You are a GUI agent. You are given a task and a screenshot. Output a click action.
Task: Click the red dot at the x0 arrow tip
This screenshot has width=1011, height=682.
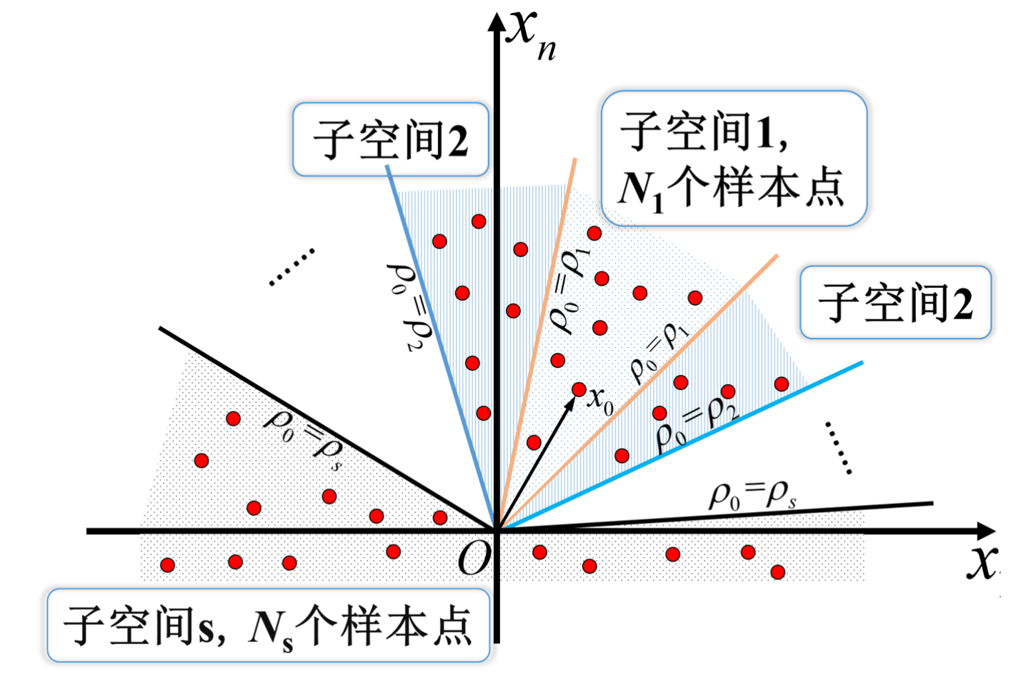[579, 390]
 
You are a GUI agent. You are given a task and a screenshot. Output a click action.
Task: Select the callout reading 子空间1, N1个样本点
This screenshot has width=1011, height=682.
[733, 159]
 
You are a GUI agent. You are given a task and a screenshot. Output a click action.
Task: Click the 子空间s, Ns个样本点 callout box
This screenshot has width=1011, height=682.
[268, 626]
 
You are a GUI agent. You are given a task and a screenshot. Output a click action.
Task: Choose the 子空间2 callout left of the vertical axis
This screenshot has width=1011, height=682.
[390, 139]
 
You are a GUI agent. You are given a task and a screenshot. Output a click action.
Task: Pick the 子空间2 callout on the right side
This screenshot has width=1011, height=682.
[895, 302]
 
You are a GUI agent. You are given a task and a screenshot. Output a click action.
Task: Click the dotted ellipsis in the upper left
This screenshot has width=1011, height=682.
[292, 267]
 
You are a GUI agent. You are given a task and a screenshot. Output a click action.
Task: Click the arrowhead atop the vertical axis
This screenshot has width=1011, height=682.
[497, 21]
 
